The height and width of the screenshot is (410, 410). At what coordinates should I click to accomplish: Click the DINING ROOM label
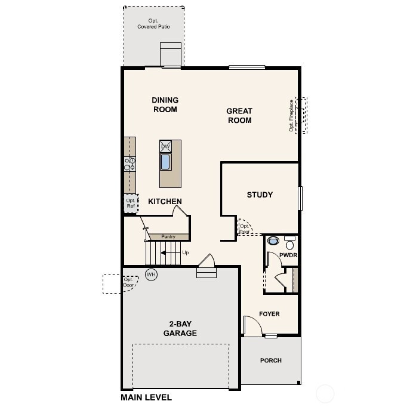165,105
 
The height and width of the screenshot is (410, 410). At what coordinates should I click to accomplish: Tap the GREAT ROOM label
239,116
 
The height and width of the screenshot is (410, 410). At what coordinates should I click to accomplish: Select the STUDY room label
260,195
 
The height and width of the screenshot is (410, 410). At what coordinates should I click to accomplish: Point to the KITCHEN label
165,202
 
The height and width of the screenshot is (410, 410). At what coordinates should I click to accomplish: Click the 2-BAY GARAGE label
180,329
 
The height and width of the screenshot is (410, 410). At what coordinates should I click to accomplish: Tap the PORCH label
271,360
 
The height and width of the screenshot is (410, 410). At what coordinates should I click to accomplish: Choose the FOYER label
269,314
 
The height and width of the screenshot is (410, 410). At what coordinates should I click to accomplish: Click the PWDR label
288,255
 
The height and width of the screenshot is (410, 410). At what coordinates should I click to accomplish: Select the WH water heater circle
151,275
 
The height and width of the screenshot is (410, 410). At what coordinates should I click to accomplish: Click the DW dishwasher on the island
166,146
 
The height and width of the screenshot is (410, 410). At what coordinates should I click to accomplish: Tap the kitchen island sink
166,162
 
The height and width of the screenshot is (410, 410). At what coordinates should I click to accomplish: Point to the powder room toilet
274,242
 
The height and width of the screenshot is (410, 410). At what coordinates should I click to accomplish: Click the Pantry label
168,237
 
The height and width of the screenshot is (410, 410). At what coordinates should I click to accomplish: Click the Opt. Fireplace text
292,115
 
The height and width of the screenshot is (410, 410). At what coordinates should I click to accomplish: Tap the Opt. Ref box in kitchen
130,204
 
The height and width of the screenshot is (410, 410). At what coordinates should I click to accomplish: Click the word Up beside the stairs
186,252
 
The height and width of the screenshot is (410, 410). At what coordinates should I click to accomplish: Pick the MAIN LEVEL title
146,397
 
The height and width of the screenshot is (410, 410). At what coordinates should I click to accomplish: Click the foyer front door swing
252,325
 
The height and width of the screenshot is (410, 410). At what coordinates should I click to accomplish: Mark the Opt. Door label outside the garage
128,282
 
